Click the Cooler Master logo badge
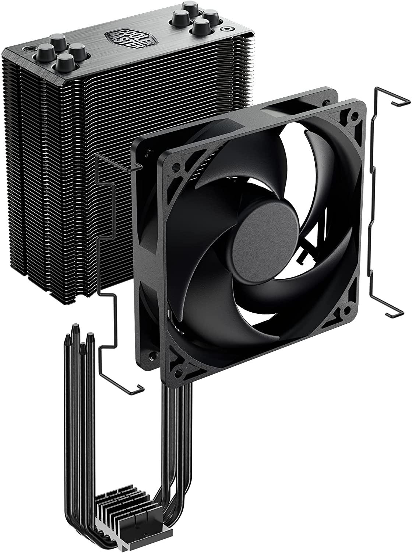tap(131, 40)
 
